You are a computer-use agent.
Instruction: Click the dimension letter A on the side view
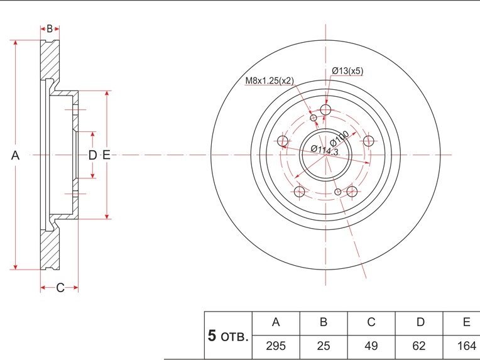coord(15,156)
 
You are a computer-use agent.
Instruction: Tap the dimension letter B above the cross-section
coord(50,29)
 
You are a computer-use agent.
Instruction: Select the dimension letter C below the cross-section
coord(60,288)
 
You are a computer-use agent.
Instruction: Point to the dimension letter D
coord(92,155)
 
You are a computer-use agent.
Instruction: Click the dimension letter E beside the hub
coord(106,155)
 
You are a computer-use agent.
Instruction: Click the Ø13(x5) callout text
coord(347,71)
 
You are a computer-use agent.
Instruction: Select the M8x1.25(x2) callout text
coord(270,81)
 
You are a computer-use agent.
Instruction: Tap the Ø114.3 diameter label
coord(324,150)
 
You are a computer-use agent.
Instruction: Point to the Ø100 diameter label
coord(339,138)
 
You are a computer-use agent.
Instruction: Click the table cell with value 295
coord(276,346)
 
